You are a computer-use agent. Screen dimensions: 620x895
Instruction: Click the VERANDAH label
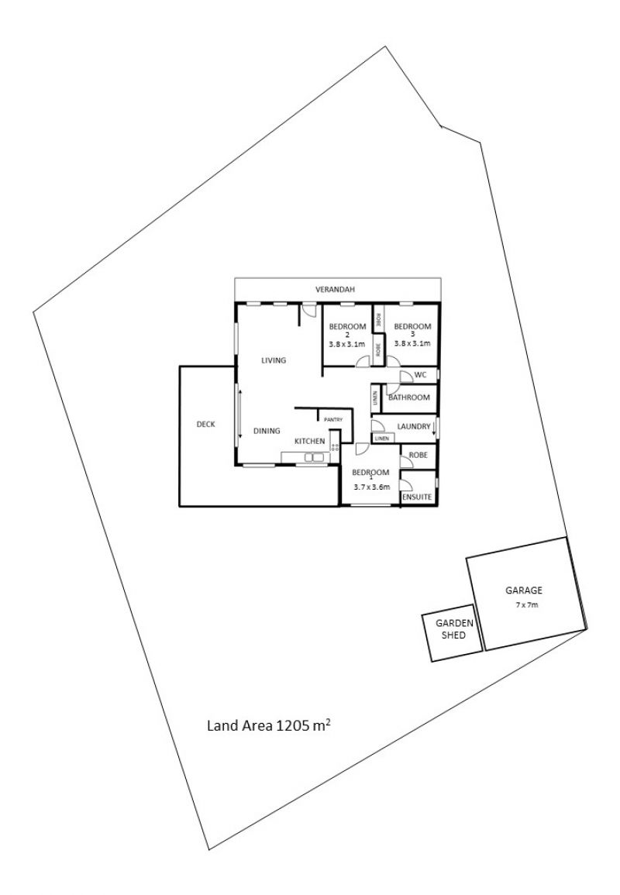pos(336,289)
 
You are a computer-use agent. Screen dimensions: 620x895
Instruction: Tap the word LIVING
pos(274,360)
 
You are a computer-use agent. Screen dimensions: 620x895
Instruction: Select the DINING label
pos(267,430)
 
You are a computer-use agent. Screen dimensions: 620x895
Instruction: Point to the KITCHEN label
pos(309,441)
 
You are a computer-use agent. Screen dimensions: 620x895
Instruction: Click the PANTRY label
pos(333,419)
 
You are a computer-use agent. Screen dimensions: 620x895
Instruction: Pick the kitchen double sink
pos(314,456)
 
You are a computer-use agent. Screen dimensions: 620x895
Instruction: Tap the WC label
pos(421,375)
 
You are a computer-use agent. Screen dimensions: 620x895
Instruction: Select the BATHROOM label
pos(408,398)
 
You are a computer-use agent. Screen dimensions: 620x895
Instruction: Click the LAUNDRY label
pos(413,426)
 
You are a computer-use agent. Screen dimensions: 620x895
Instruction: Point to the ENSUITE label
pos(417,497)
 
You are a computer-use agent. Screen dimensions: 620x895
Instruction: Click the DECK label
pos(205,424)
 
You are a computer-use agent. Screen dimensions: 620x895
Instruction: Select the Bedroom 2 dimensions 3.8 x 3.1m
pos(346,344)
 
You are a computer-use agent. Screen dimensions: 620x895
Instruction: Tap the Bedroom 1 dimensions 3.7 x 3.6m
pos(371,487)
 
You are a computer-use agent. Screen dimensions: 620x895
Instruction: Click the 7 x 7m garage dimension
pos(526,605)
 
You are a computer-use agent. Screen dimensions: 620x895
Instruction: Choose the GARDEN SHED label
pos(454,629)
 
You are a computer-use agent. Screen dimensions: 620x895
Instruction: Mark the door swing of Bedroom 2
pos(362,361)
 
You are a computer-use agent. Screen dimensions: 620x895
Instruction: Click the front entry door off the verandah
pos(309,309)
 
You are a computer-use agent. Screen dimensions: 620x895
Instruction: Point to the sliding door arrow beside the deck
pos(240,414)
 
